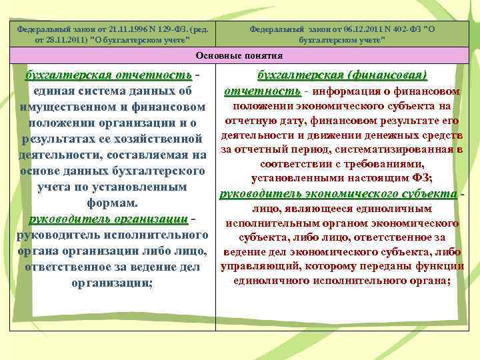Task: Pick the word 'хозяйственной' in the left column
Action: pos(163,139)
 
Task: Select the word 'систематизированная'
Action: pos(403,149)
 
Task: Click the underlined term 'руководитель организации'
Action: pos(107,219)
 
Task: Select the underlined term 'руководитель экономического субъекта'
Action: pos(339,193)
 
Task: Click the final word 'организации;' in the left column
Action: pos(112,283)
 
